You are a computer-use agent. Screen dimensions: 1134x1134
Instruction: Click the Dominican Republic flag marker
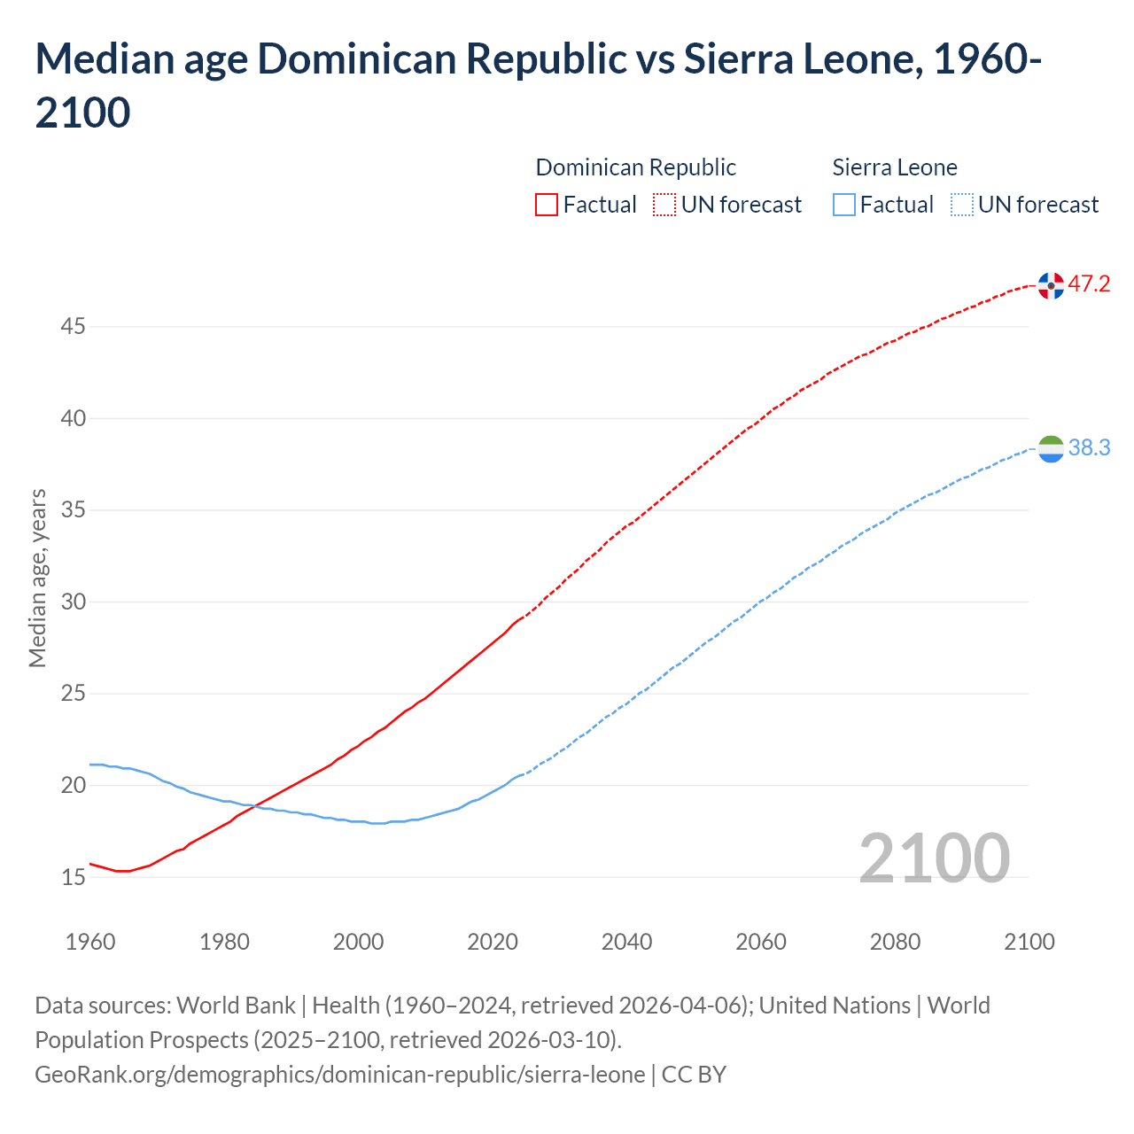pos(1051,285)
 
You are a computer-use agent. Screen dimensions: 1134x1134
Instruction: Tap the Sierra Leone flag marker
pos(1051,449)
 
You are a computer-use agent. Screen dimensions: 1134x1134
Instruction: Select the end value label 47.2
pos(1089,284)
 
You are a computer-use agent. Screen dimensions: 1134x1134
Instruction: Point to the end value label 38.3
pos(1089,448)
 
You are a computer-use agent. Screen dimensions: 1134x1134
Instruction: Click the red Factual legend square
pos(547,205)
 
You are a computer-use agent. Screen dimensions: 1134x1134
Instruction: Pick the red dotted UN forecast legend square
pos(664,205)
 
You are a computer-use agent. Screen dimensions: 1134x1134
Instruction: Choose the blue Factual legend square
pos(844,205)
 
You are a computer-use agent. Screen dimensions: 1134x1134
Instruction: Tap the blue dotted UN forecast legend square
pos(962,205)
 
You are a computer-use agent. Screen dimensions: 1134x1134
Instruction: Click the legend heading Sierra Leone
pos(895,167)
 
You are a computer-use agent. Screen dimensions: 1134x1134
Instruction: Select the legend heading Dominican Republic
pos(636,167)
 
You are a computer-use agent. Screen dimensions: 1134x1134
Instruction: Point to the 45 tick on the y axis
pos(73,327)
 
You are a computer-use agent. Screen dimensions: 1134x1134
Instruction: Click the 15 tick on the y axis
pos(73,877)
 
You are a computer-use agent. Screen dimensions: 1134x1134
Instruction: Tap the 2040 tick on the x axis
pos(626,942)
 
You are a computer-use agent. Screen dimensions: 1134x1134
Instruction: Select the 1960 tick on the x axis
pos(90,942)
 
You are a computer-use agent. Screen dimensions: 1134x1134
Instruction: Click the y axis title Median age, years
pos(37,578)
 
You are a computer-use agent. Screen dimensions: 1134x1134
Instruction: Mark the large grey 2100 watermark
pos(934,858)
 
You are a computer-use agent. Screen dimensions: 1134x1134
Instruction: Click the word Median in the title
pos(101,59)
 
